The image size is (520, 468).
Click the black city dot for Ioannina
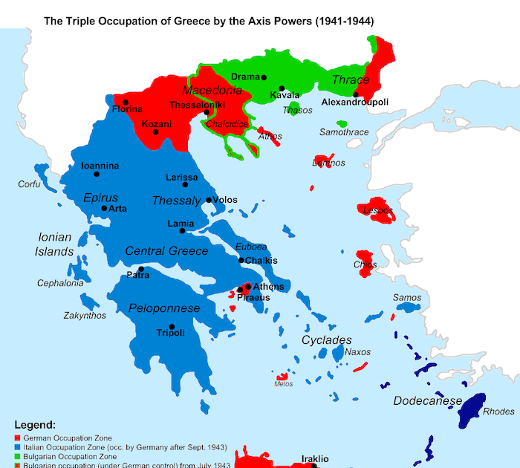point(97,175)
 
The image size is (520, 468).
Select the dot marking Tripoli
point(172,327)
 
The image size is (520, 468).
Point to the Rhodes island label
point(498,412)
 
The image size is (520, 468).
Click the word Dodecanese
point(427,401)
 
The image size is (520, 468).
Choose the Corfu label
point(30,183)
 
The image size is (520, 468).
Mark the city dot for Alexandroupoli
point(356,94)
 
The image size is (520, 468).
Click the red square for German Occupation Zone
point(17,439)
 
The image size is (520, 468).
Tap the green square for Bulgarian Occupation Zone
point(17,457)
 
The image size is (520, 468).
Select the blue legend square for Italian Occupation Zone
point(17,448)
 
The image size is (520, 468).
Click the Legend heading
point(35,426)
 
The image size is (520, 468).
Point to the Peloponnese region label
point(164,308)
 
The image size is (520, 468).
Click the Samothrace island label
point(343,132)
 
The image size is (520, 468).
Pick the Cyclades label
point(326,339)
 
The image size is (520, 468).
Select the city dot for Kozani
point(155,131)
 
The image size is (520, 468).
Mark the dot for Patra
point(140,269)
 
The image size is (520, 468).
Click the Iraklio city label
point(314,458)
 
